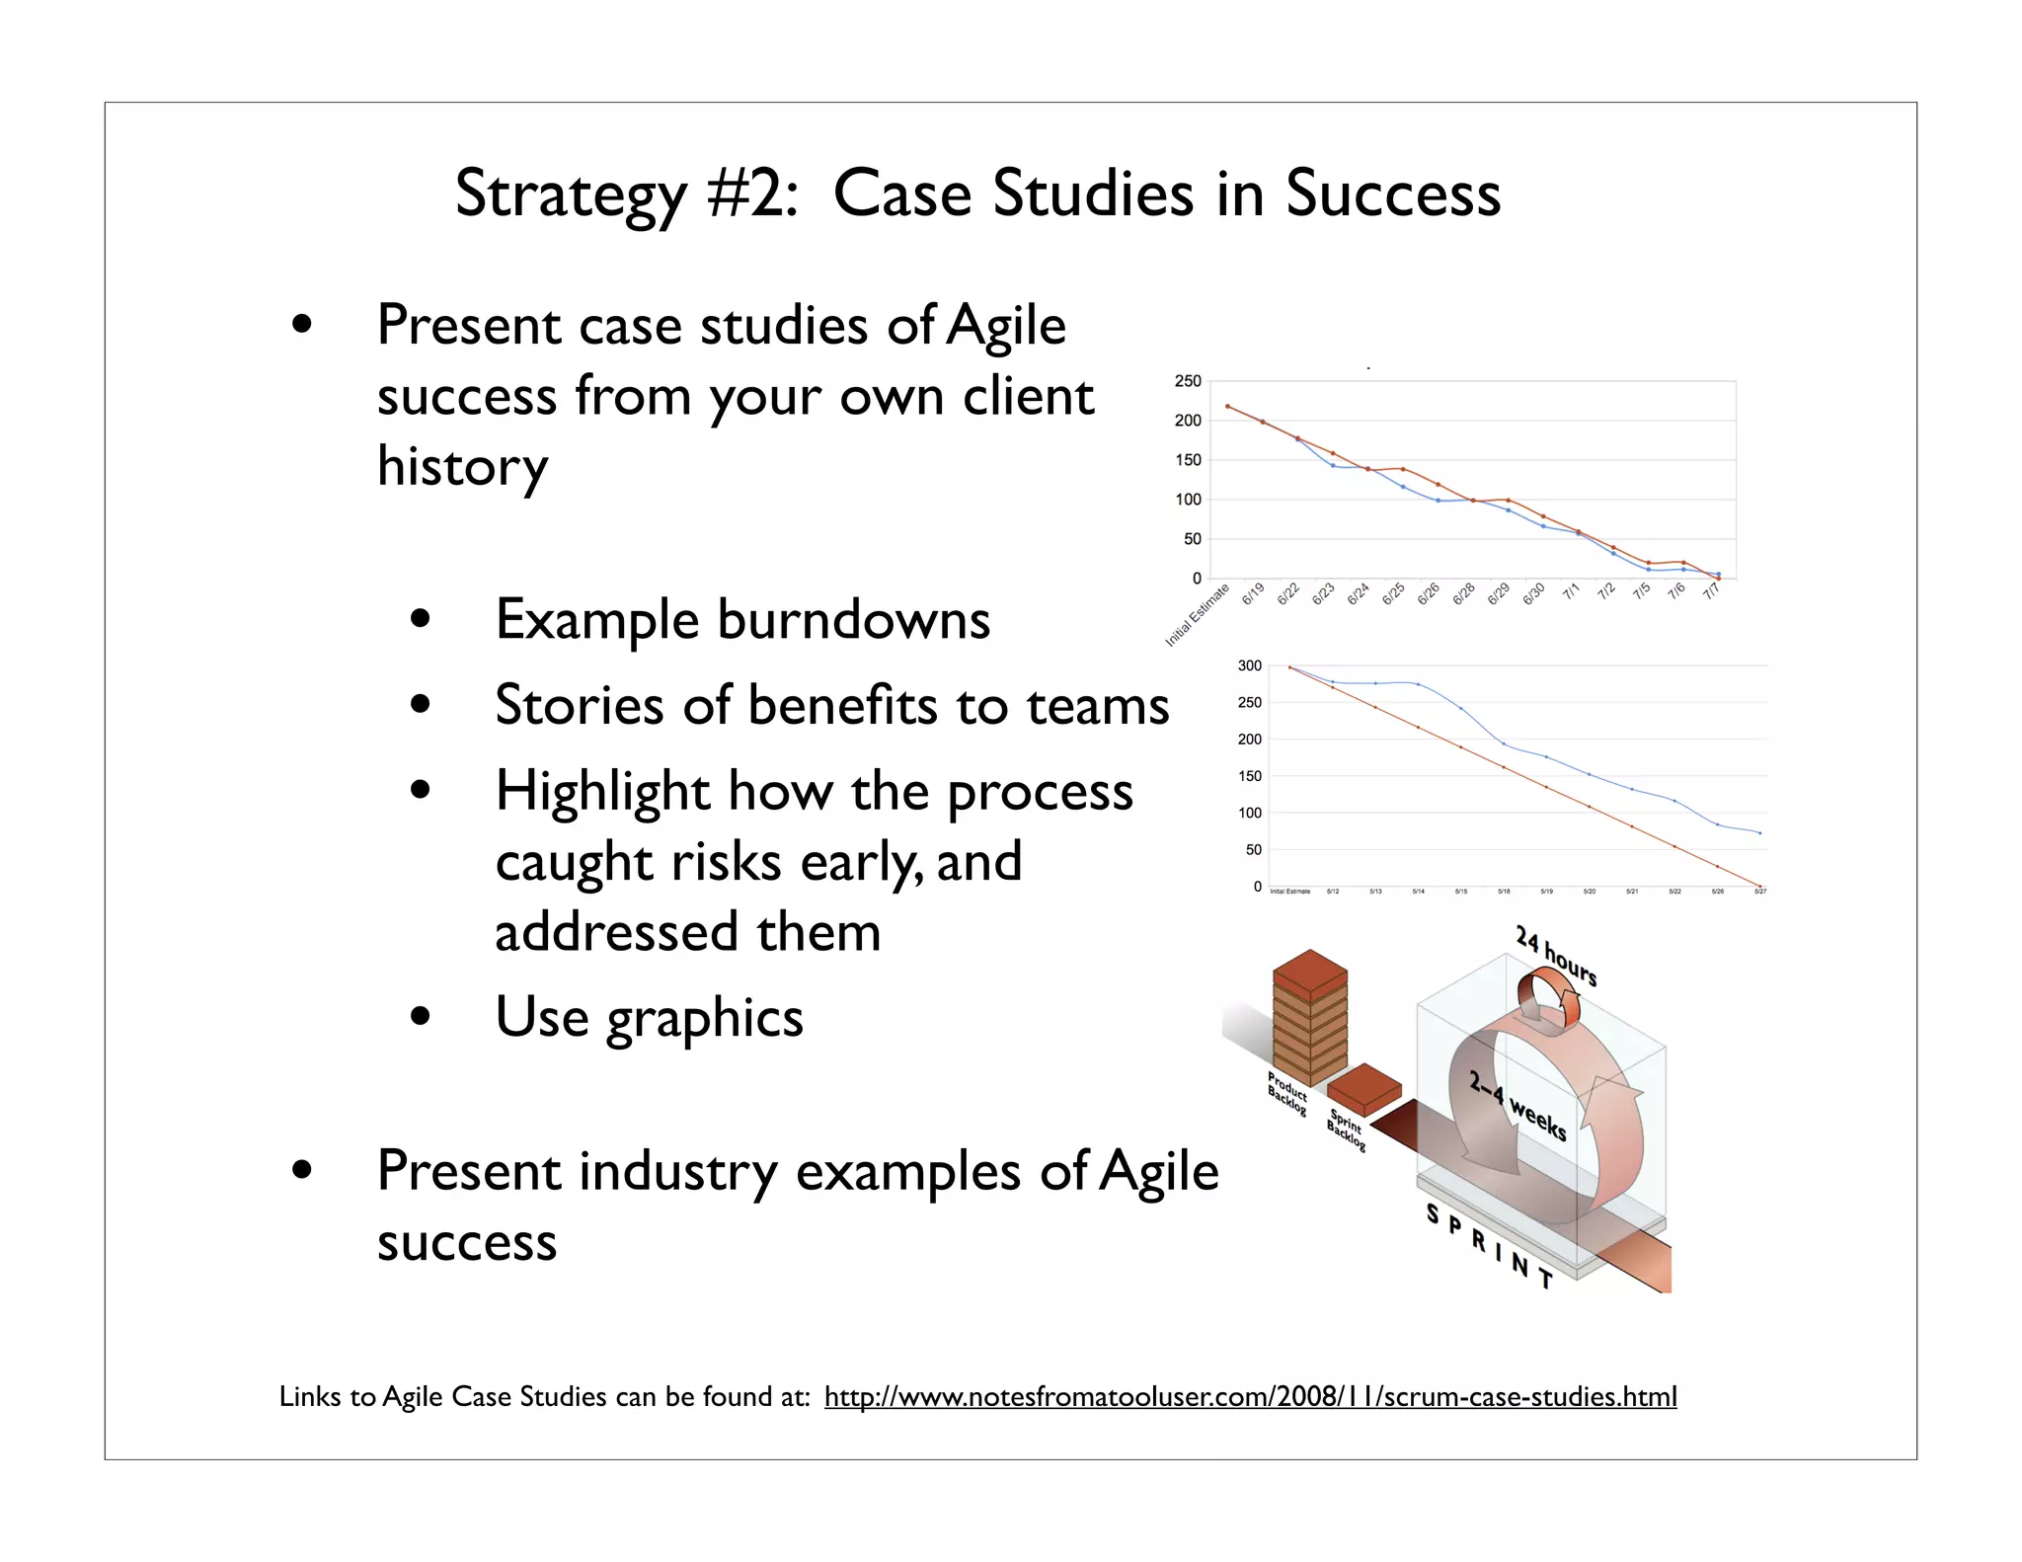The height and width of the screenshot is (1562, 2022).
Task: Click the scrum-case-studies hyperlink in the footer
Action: (x=1250, y=1396)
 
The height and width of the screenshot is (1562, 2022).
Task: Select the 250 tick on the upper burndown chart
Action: (x=1187, y=381)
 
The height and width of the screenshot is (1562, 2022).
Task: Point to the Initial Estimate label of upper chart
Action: (x=1197, y=616)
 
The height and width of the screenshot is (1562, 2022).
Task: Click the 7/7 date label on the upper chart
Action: (x=1711, y=590)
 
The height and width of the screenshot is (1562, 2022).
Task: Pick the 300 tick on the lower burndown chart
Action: (x=1249, y=665)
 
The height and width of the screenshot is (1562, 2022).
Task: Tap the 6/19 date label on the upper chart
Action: (x=1252, y=593)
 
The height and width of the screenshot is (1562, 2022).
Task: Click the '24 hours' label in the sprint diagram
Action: (x=1556, y=955)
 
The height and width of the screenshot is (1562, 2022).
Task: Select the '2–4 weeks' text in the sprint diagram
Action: (x=1517, y=1106)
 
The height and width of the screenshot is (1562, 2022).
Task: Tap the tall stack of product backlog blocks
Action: (x=1309, y=1017)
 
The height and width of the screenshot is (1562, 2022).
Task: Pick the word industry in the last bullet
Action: (x=678, y=1172)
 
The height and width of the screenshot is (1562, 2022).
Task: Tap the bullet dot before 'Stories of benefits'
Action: (x=422, y=705)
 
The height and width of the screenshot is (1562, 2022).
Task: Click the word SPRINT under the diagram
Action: (x=1489, y=1245)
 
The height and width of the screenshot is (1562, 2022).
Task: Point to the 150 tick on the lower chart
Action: (x=1249, y=776)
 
